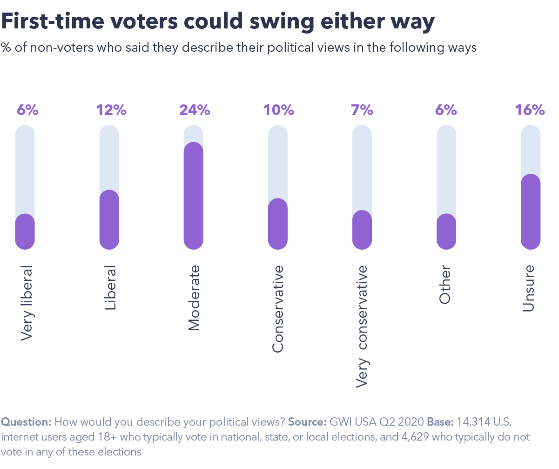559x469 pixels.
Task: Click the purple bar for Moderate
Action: [x=194, y=196]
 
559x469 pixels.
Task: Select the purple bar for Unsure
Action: [x=530, y=211]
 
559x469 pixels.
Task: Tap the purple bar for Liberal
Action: [x=109, y=219]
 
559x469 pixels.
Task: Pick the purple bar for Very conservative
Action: [x=362, y=230]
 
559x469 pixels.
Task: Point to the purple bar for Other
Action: [x=446, y=231]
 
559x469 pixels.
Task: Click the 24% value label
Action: [x=195, y=110]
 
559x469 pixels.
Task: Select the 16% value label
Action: [x=530, y=110]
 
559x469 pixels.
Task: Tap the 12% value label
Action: [x=111, y=110]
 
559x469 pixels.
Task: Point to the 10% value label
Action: [x=278, y=110]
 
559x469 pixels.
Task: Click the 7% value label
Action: [x=362, y=110]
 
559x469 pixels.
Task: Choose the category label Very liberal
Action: [x=27, y=303]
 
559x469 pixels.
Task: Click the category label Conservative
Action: [x=278, y=309]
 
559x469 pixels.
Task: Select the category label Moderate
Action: [x=194, y=298]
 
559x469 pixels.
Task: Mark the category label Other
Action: [x=445, y=285]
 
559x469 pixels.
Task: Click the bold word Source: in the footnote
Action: [x=307, y=422]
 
